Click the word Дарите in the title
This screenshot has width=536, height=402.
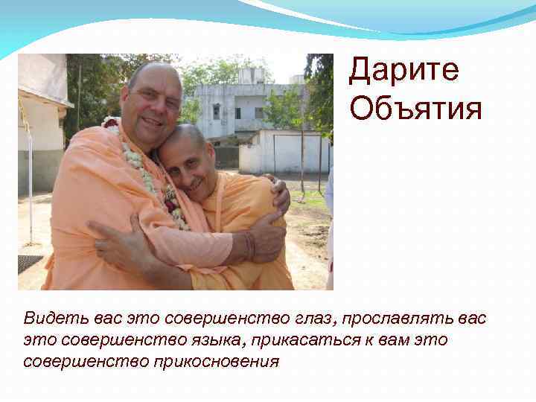[x=403, y=71]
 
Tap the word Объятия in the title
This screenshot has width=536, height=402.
[x=415, y=109]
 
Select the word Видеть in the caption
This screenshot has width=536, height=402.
[x=55, y=319]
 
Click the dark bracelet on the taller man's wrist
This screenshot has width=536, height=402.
[x=249, y=245]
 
